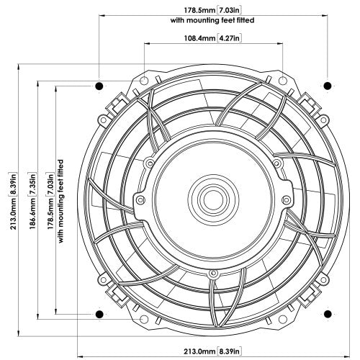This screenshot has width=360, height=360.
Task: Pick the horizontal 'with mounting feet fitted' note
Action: [213, 20]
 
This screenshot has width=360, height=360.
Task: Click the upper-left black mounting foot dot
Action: [99, 86]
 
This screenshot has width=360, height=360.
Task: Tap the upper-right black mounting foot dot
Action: [328, 86]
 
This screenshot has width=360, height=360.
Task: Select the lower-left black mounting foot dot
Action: [99, 315]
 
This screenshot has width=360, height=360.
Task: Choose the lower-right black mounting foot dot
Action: [328, 315]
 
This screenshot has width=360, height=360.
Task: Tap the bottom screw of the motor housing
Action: [212, 273]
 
